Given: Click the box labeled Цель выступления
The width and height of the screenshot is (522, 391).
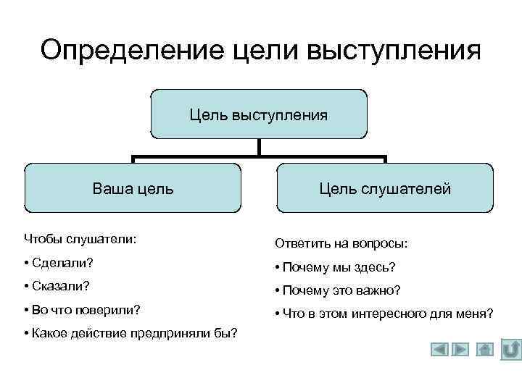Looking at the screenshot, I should point(259,114).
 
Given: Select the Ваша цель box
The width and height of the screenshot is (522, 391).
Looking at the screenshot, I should point(133,188).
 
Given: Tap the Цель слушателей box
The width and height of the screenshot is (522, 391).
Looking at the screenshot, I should point(385,188).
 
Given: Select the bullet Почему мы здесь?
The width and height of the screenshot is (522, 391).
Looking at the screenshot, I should point(336,267).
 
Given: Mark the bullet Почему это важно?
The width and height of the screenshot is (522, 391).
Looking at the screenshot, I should point(338,290).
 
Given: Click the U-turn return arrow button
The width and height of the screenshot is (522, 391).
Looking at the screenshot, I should point(511,348).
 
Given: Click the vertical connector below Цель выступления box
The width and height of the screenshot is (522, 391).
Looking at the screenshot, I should point(259,148).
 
